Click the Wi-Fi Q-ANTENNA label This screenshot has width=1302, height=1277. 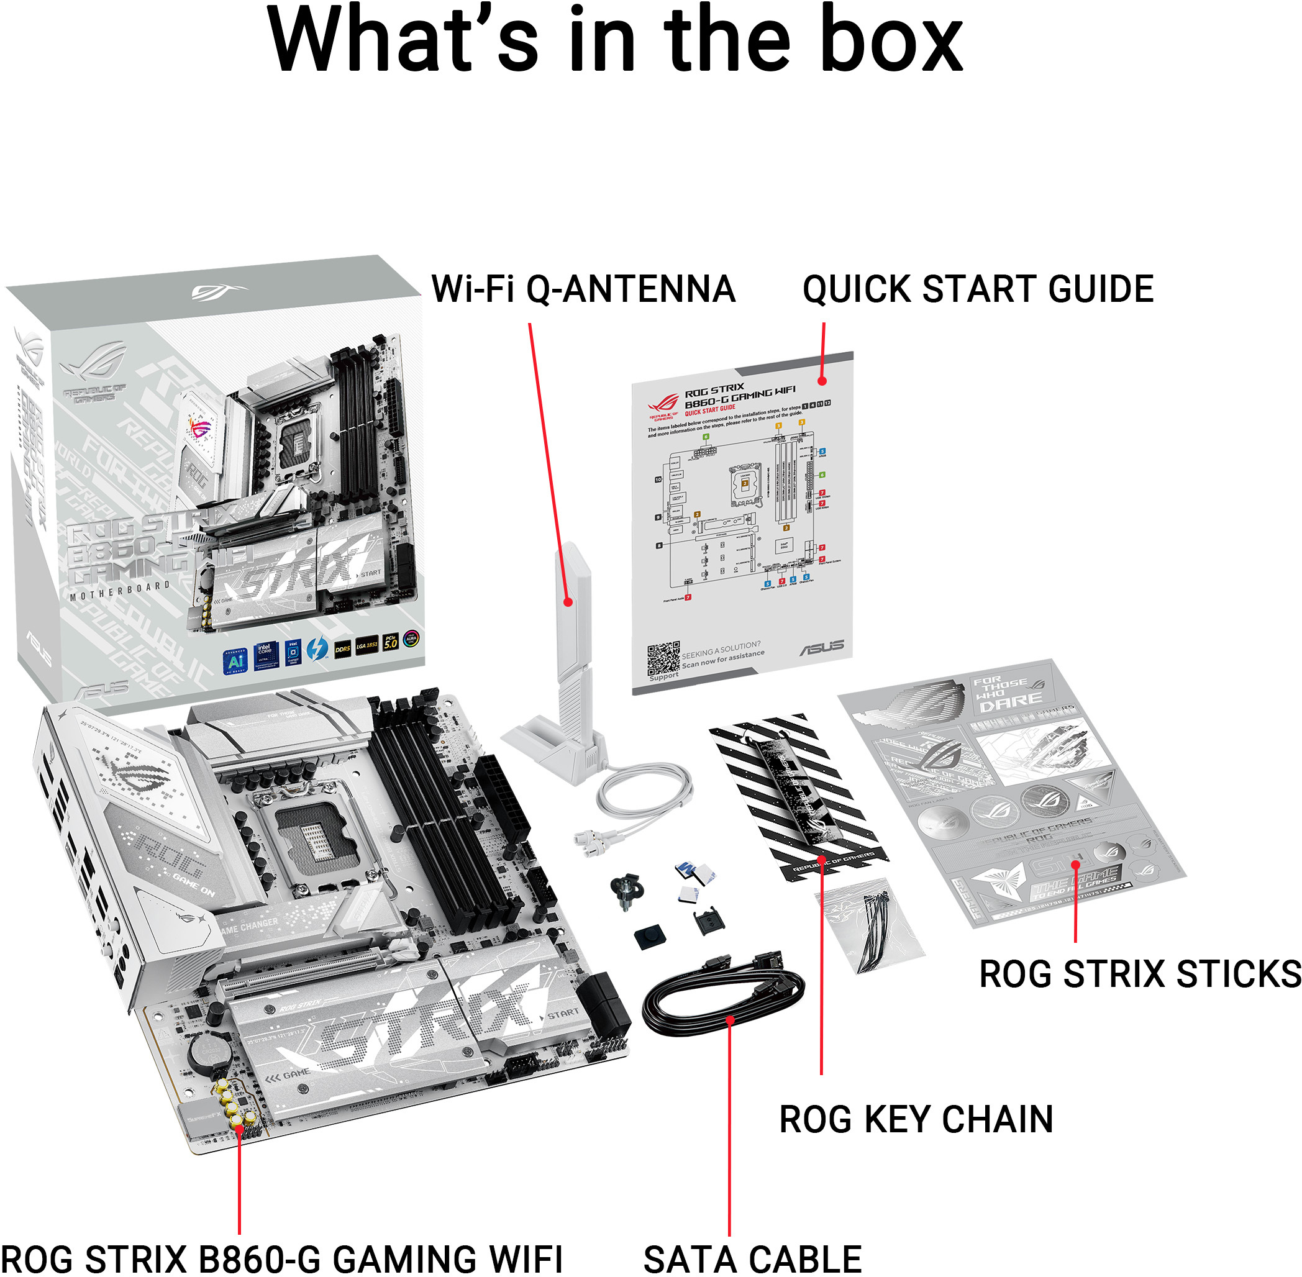pyautogui.click(x=582, y=289)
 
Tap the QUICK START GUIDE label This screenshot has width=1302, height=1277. pyautogui.click(x=977, y=289)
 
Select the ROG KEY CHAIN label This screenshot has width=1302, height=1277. pyautogui.click(x=916, y=1119)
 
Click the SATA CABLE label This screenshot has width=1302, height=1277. pyautogui.click(x=752, y=1258)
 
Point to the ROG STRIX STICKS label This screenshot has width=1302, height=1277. pyautogui.click(x=1140, y=974)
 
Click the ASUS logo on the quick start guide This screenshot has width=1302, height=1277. pyautogui.click(x=821, y=647)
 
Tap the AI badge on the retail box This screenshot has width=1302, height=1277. pyautogui.click(x=235, y=661)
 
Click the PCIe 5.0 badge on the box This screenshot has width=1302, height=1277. pyautogui.click(x=390, y=642)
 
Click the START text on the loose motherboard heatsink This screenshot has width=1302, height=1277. pyautogui.click(x=562, y=1014)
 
